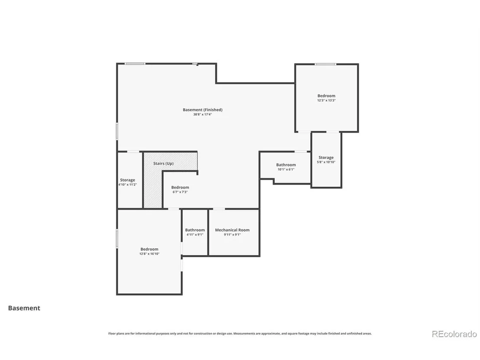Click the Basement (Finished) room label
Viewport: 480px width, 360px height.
coord(203,110)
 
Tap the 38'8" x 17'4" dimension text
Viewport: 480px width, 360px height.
coord(202,114)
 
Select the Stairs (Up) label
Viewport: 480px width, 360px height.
coord(163,163)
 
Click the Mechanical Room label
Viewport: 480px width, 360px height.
coord(232,230)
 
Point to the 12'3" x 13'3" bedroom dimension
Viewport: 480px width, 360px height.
coord(326,101)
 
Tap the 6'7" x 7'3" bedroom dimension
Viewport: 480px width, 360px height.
coord(180,192)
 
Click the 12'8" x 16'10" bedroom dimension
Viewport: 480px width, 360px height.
coord(149,254)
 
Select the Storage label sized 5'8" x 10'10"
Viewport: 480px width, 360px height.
coord(326,157)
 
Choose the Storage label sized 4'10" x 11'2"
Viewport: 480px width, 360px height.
coord(127,180)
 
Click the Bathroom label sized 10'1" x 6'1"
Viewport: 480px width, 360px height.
coord(286,165)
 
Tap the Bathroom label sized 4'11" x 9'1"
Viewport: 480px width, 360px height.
coord(195,230)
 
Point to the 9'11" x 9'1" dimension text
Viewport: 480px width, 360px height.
coord(232,235)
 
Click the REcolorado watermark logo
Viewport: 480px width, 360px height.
coord(454,334)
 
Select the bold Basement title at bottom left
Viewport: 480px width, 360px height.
coord(24,308)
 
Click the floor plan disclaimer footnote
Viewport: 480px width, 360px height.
coord(240,334)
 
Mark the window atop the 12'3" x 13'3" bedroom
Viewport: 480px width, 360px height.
coord(325,64)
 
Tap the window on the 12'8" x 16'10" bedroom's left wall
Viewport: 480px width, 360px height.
coord(117,239)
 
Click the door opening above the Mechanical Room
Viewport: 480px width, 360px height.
coord(219,209)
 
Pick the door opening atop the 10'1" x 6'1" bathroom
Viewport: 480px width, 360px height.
coord(301,152)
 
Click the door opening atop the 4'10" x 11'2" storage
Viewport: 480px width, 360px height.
coord(133,152)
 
